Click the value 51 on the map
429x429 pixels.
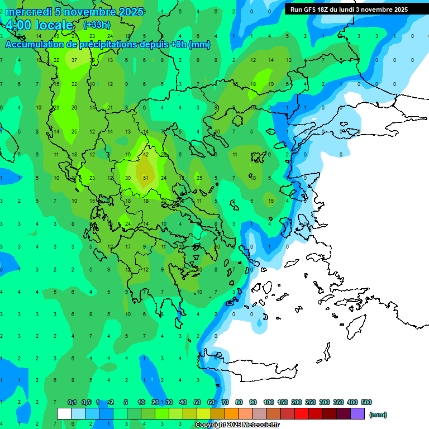[x=145, y=178]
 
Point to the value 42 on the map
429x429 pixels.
[x=145, y=155]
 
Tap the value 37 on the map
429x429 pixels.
[x=74, y=60]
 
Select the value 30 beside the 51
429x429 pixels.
[x=127, y=178]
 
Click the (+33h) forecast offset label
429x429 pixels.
[x=97, y=25]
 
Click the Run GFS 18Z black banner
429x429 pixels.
[x=349, y=9]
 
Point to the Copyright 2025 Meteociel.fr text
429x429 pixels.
[x=237, y=425]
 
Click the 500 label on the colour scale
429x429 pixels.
[x=366, y=402]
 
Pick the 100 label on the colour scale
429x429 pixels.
[x=268, y=402]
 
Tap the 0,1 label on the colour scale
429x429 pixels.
[x=72, y=402]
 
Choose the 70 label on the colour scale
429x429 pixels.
[x=225, y=402]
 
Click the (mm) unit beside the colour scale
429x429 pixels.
[x=378, y=414]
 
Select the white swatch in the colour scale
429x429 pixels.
[x=64, y=414]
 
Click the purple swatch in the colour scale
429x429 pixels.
[x=358, y=414]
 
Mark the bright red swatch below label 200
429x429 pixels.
[x=302, y=414]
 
